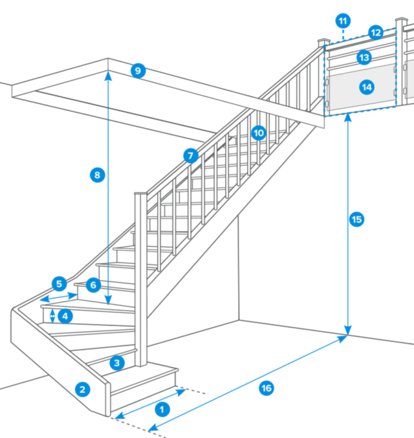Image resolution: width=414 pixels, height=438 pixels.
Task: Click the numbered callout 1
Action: pos(163,408)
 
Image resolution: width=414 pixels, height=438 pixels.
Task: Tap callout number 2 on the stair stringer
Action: pos(82,389)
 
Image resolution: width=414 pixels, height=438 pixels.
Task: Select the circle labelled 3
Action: pos(116,362)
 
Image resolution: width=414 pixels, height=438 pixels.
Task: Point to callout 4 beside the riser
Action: pos(65,316)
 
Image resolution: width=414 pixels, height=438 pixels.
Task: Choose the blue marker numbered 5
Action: pos(59,283)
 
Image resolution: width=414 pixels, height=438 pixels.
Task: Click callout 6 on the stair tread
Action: pos(93,285)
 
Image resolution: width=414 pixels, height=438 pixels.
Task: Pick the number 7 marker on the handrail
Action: pos(190,156)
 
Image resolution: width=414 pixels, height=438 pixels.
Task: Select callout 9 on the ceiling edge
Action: pos(137,71)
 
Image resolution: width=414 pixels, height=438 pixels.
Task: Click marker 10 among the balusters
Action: pos(259,133)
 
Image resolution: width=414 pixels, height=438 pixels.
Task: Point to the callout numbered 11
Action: pos(342,20)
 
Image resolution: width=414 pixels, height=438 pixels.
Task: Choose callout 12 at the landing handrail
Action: pos(376,32)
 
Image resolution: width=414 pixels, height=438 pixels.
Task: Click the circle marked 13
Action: pos(364,58)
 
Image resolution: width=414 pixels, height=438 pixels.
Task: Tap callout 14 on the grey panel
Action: pos(367,86)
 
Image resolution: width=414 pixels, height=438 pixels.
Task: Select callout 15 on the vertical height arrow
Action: pos(356,219)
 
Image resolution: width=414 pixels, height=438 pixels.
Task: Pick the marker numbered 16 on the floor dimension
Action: pos(265,388)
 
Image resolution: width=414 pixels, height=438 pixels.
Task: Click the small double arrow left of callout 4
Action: pos(52,316)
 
